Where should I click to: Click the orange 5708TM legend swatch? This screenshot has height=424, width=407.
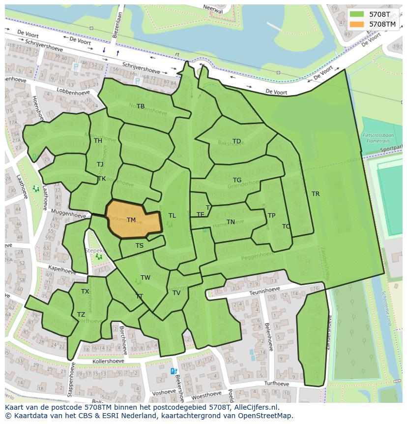357,24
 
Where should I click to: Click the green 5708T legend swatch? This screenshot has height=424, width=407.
357,14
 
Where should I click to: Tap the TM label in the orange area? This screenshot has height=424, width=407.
131,220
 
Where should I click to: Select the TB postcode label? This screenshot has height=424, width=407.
141,106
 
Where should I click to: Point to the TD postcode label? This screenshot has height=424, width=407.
236,141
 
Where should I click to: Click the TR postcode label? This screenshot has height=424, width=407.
316,194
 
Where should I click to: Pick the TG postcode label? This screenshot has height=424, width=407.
237,180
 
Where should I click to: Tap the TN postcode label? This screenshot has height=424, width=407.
231,222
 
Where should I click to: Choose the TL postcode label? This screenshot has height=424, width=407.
172,216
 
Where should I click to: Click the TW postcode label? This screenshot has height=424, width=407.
145,278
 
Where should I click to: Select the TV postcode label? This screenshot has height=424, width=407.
176,293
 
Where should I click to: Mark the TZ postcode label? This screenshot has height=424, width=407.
81,315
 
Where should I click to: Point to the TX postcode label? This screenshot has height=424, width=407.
85,292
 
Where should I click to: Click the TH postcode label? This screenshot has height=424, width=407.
98,141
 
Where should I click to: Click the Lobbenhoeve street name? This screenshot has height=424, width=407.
73,92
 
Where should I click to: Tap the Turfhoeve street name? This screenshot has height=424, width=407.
276,384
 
